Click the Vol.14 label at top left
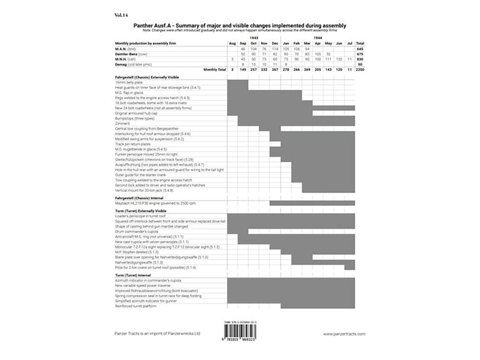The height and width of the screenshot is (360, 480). click(121, 15)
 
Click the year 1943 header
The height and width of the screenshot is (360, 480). click(253, 38)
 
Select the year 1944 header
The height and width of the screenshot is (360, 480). click(318, 38)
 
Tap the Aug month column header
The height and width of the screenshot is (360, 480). click(232, 43)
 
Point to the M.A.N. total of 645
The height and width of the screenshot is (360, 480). click(360, 48)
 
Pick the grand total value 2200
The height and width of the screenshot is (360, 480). click(360, 70)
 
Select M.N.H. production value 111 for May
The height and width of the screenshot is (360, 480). click(328, 59)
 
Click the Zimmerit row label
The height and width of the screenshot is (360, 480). click(121, 124)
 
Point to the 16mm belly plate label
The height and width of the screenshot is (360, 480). click(126, 82)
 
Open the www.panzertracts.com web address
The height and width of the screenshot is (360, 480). click(344, 334)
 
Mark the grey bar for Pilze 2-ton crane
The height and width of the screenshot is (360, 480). click(350, 267)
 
